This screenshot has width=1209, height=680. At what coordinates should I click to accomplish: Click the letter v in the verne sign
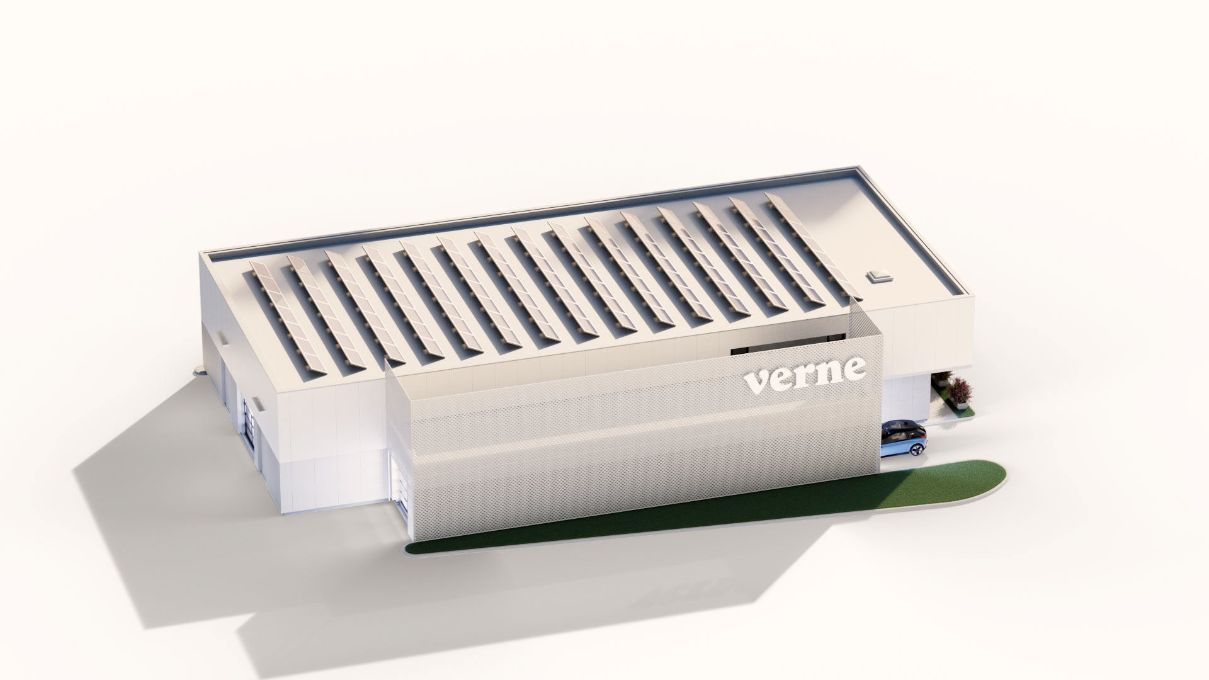(758, 381)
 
